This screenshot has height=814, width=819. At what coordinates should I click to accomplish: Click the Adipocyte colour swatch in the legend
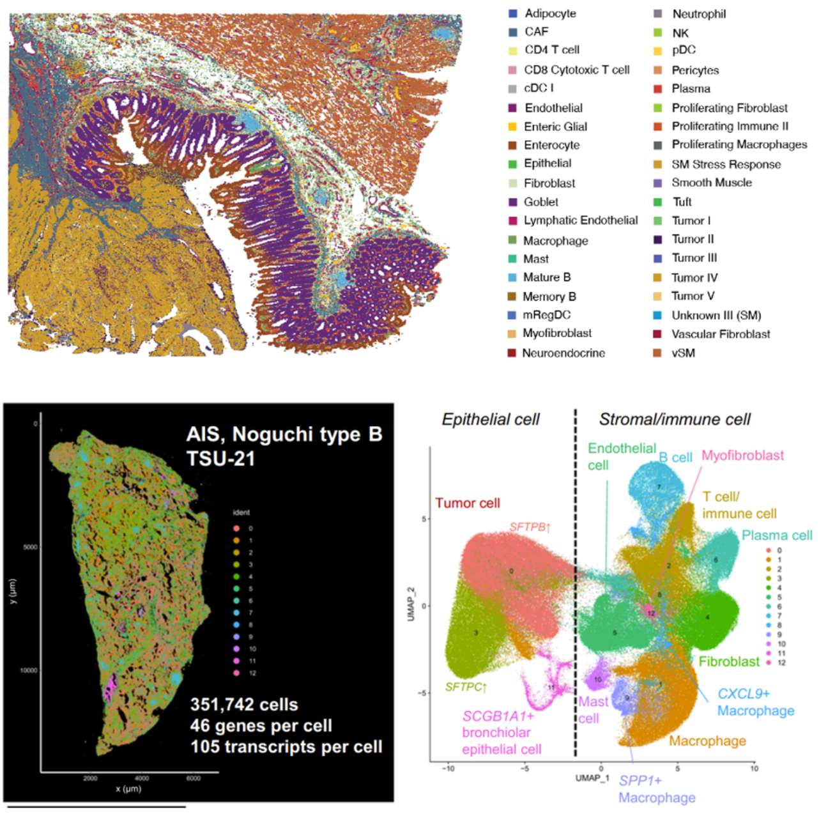point(513,13)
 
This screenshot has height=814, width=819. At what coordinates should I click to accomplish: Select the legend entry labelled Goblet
point(540,202)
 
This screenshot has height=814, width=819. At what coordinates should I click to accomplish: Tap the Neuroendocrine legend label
point(563,353)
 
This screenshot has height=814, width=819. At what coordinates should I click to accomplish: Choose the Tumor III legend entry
point(694,258)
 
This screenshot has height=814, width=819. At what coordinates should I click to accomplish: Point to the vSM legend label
point(683,353)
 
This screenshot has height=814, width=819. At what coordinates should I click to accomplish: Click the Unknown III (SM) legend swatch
point(657,316)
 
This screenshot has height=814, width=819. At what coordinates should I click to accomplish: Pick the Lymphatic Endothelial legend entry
point(580,220)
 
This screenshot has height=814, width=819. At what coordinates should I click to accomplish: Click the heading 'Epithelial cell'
point(491,419)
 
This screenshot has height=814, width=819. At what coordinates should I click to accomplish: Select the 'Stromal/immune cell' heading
point(675,419)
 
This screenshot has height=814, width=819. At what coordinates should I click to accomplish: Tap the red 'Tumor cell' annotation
point(468,503)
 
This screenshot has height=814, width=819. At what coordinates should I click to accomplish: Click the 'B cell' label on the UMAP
point(675,457)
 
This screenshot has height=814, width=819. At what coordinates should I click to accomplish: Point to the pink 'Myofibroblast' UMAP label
point(742,455)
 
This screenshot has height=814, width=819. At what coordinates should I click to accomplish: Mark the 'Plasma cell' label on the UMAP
point(776,535)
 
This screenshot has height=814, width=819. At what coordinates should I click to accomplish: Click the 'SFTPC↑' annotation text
point(466,687)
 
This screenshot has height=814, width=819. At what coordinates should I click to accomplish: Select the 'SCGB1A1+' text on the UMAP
point(498,716)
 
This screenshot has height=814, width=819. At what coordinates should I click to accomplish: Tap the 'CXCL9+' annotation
point(744,693)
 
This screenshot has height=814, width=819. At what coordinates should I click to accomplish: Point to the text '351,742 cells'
point(244,704)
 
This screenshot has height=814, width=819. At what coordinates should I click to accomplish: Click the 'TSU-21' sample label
point(220,458)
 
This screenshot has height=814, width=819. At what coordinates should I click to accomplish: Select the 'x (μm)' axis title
point(128,788)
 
